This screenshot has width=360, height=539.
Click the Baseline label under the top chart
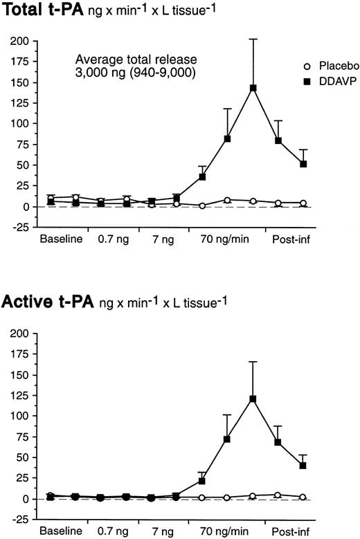60,239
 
